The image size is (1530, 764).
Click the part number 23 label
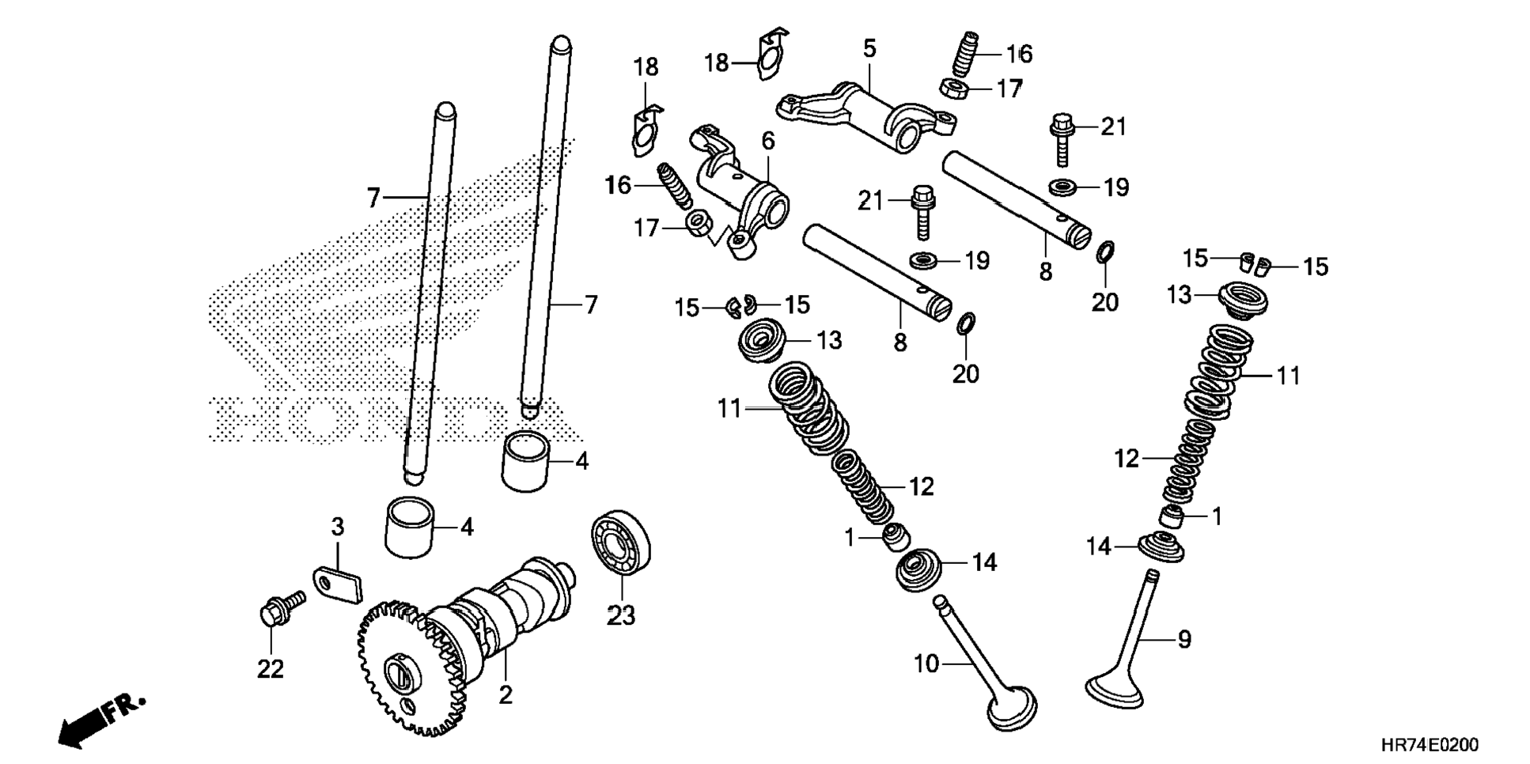(620, 615)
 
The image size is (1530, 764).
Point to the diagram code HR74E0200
(1429, 745)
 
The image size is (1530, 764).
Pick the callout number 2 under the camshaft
(506, 695)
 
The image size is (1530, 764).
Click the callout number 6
(768, 141)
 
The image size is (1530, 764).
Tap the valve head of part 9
(1115, 694)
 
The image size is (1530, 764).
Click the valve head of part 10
(1012, 709)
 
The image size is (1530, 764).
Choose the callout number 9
(1183, 639)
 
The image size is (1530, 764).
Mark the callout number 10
(926, 664)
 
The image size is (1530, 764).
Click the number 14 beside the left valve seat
(984, 562)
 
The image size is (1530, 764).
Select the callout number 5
(869, 49)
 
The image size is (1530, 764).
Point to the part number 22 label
(270, 669)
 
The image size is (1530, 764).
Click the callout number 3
(338, 527)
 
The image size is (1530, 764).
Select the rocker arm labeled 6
(740, 194)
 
